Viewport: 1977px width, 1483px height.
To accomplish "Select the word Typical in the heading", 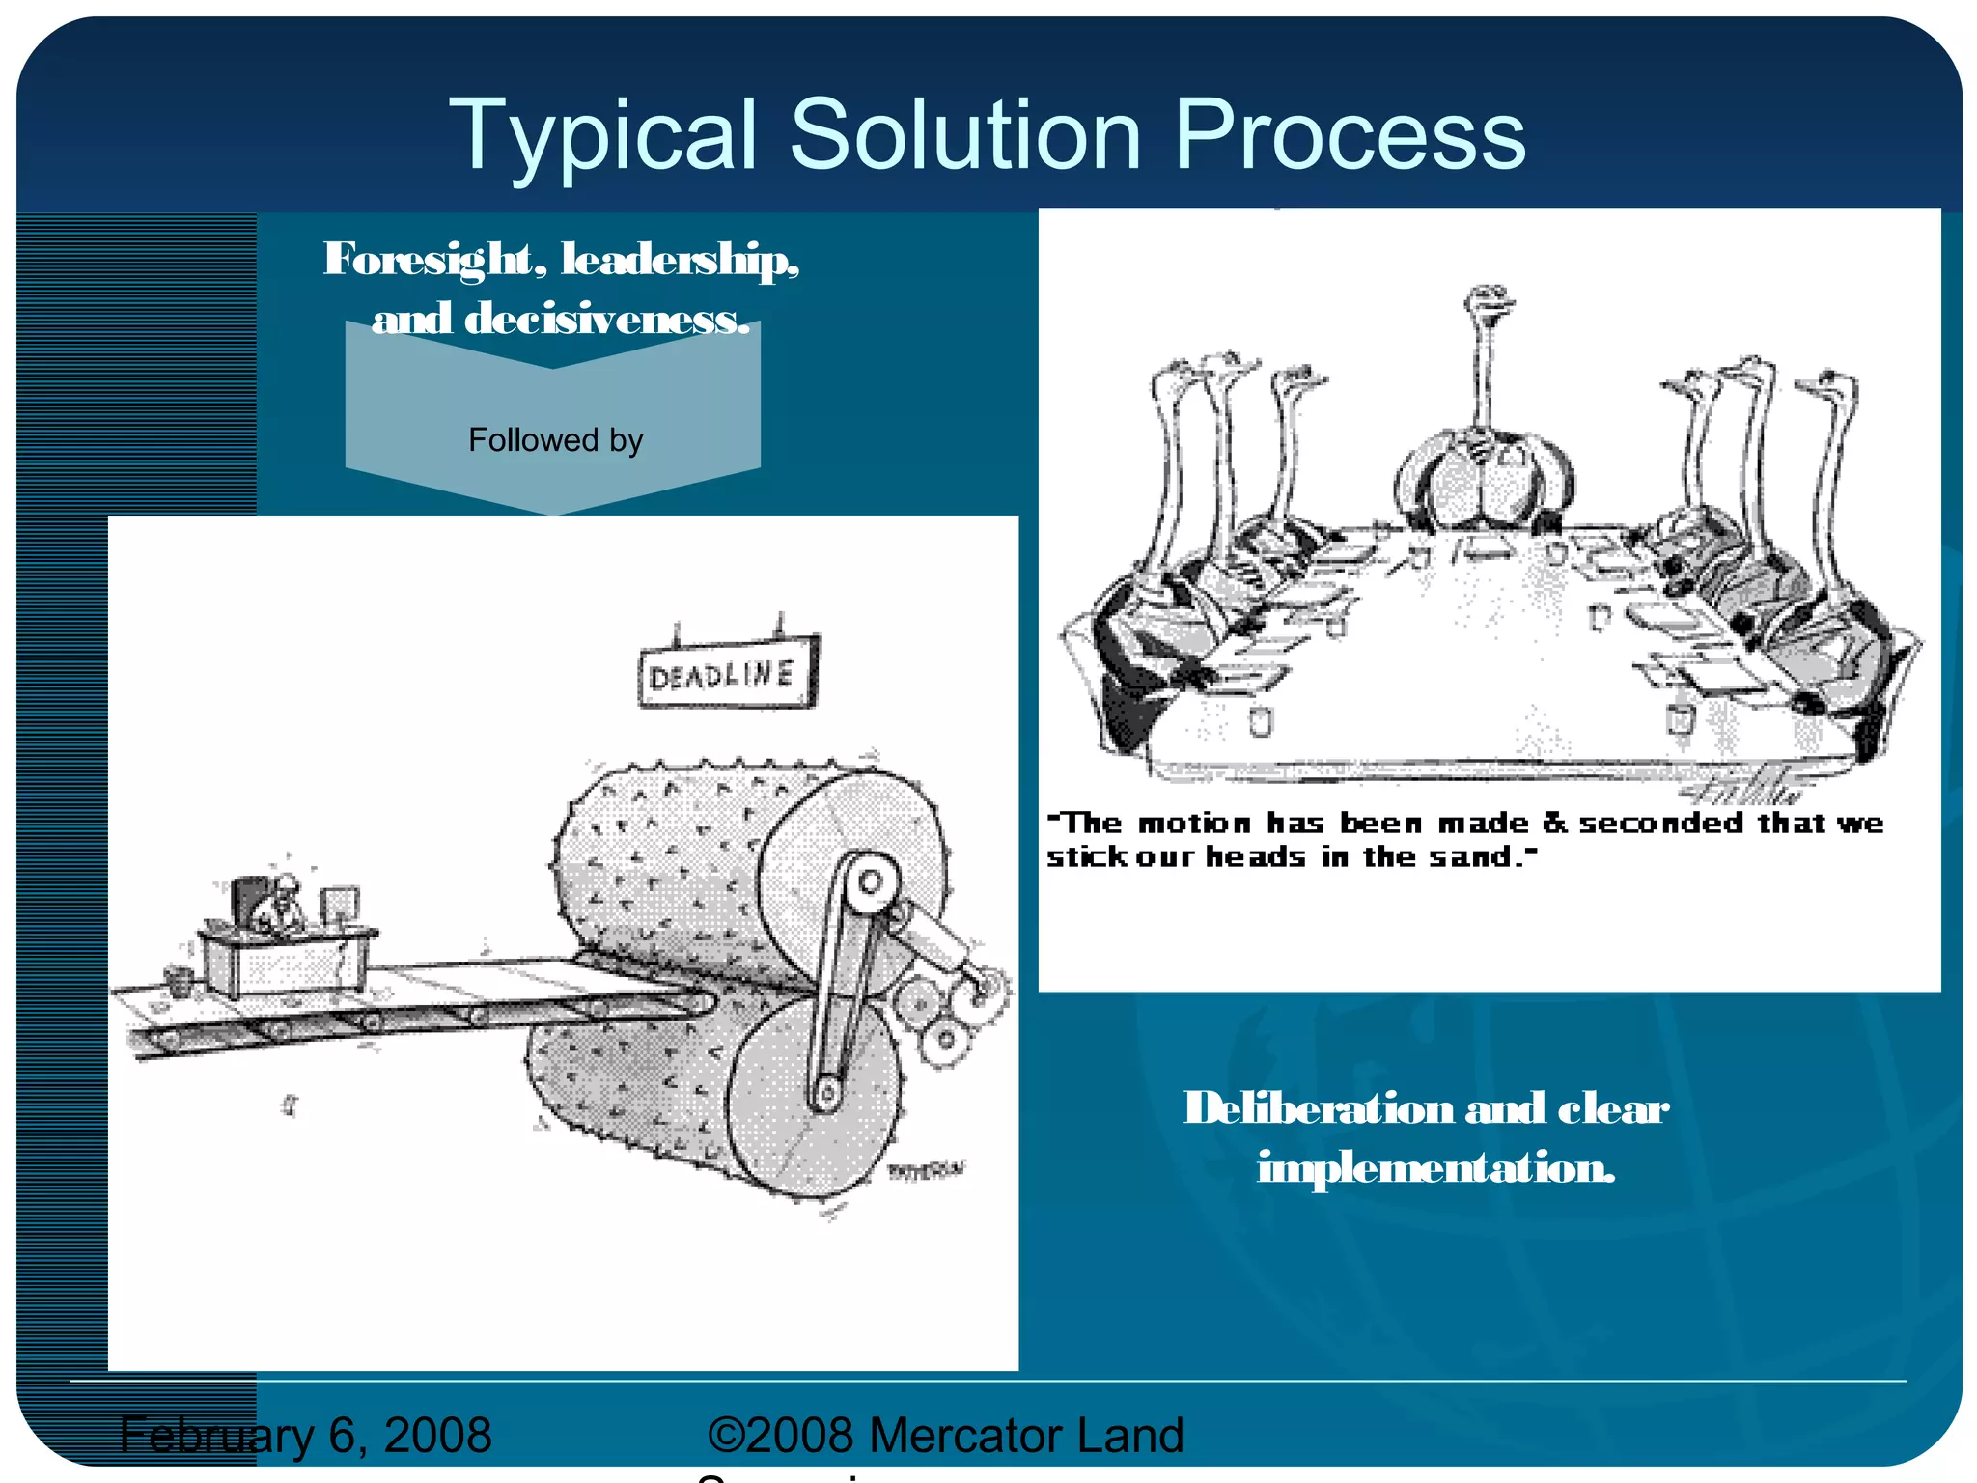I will pyautogui.click(x=602, y=137).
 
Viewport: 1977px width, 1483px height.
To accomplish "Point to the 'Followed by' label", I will pyautogui.click(x=555, y=440).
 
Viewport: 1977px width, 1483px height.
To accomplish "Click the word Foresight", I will pyautogui.click(x=428, y=260).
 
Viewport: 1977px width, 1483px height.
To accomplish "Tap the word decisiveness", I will pyautogui.click(x=607, y=320).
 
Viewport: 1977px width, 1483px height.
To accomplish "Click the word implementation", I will pyautogui.click(x=1435, y=1168).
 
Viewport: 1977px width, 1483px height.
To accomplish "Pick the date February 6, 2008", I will pyautogui.click(x=305, y=1435).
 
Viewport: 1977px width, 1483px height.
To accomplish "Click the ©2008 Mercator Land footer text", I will pyautogui.click(x=945, y=1435).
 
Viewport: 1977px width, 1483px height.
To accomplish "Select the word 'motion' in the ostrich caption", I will pyautogui.click(x=1193, y=824).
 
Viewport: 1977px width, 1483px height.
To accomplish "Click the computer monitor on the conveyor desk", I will pyautogui.click(x=338, y=907).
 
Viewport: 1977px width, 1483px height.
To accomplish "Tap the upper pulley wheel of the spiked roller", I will pyautogui.click(x=871, y=881).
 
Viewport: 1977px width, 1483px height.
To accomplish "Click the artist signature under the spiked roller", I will pyautogui.click(x=925, y=1170).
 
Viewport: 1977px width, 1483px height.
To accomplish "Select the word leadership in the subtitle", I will pyautogui.click(x=681, y=260).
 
